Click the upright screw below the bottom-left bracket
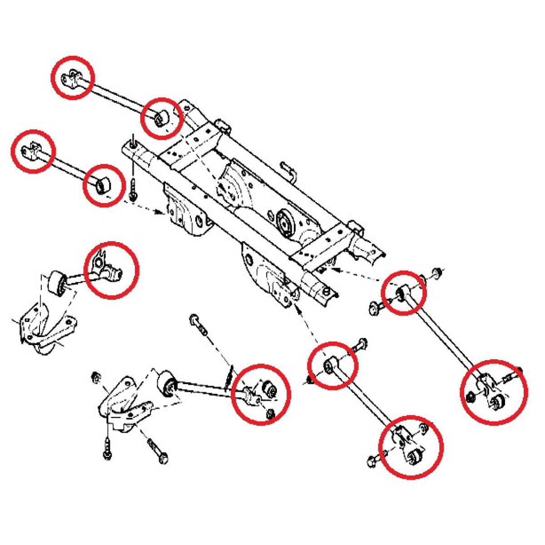(107, 447)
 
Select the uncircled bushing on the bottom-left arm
(167, 384)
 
